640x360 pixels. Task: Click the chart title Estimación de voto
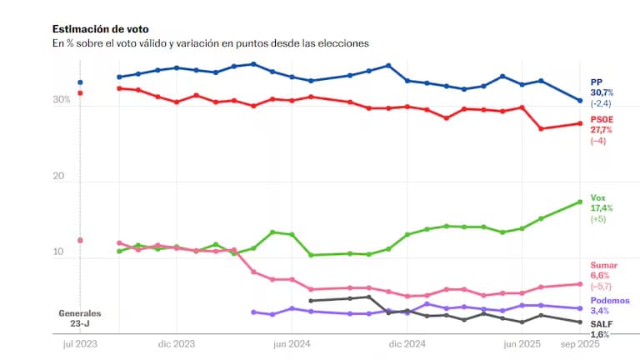100,29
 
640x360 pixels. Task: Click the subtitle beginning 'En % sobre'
210,42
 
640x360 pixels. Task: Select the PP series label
597,81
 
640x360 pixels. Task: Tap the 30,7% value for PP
602,92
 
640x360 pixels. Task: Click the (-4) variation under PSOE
598,141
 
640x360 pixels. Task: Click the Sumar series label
604,264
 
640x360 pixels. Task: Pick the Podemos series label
610,300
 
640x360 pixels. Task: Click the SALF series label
602,323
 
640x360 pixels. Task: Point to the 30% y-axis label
62,100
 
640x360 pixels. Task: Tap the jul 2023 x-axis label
79,342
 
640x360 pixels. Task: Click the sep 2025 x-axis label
579,342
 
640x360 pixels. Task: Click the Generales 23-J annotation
79,318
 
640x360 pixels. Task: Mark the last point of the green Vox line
580,202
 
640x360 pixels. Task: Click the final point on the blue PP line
580,101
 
